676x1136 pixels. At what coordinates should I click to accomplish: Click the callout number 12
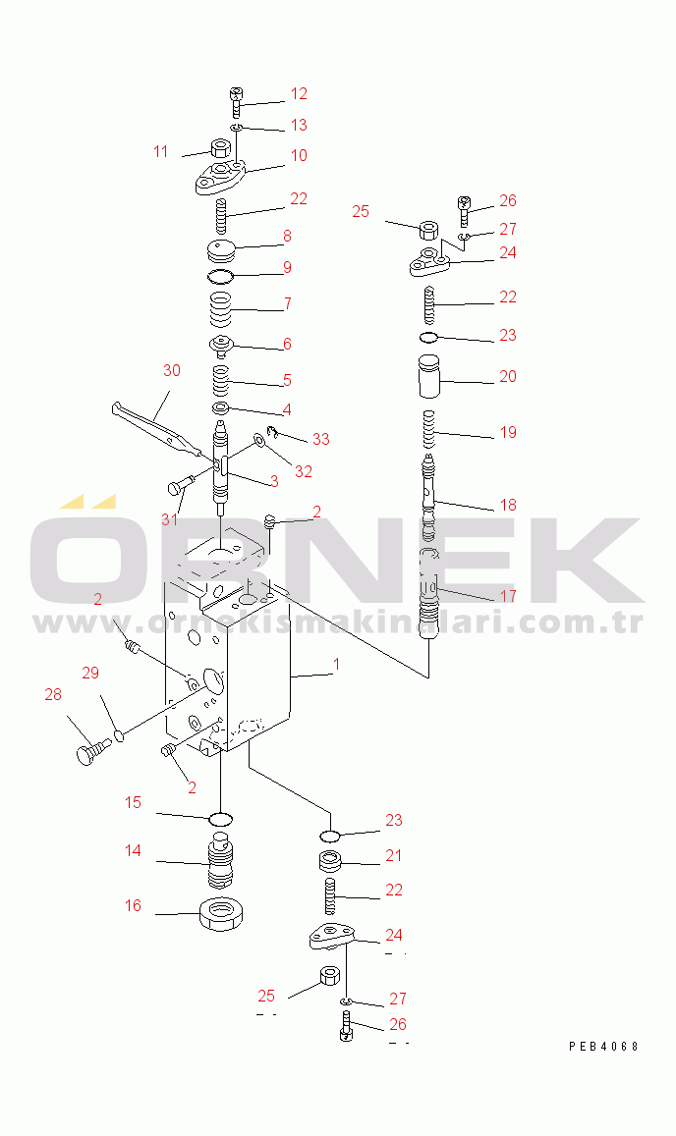(299, 94)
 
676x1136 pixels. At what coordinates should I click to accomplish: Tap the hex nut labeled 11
(220, 149)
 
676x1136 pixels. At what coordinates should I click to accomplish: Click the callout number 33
(320, 439)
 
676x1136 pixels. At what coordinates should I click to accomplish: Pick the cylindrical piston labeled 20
(430, 375)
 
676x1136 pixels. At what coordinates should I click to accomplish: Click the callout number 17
(508, 596)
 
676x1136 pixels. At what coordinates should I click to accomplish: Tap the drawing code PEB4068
(603, 1047)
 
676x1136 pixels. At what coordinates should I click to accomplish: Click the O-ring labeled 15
(220, 820)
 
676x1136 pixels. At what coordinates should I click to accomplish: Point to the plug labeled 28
(92, 750)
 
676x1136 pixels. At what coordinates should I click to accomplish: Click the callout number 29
(90, 673)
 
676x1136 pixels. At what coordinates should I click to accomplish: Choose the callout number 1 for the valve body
(336, 665)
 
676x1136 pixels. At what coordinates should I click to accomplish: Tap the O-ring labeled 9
(220, 276)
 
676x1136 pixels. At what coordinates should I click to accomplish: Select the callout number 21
(393, 855)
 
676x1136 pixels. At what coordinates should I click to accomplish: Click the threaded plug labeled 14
(220, 861)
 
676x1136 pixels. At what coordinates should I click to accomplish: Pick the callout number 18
(508, 505)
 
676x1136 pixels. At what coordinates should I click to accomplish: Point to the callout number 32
(304, 471)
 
